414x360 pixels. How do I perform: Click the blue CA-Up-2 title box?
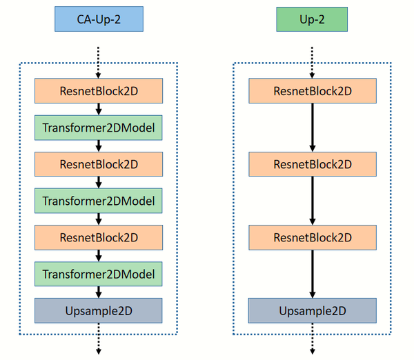99,19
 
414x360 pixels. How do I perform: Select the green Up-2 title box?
312,19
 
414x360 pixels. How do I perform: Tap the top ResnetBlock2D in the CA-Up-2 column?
99,91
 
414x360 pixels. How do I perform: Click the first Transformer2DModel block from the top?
99,128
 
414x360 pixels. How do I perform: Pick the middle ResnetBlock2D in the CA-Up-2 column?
99,164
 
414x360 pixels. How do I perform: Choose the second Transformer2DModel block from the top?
99,201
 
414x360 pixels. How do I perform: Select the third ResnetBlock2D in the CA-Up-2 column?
99,237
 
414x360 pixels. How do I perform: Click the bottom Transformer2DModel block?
99,274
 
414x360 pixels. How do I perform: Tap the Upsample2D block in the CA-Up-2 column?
99,310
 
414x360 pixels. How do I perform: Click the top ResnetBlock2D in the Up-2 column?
313,91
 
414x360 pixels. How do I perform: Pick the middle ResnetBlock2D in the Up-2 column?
313,164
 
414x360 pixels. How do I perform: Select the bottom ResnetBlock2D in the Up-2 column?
313,237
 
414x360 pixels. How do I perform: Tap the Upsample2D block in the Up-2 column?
313,310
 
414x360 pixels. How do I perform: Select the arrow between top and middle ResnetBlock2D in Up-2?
313,128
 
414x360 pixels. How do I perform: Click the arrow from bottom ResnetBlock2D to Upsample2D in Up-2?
313,274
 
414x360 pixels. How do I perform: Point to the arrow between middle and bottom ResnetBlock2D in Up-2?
313,201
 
